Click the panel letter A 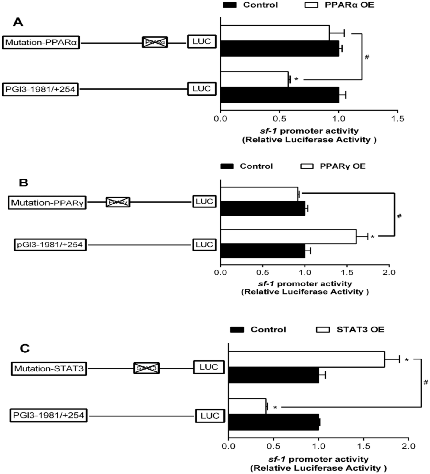click(18, 22)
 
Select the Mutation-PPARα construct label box click(41, 42)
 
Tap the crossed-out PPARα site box click(155, 42)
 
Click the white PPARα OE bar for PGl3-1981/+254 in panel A click(254, 79)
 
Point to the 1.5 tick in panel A click(397, 118)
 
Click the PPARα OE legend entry click(340, 5)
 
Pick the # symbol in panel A click(367, 57)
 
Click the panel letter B click(23, 183)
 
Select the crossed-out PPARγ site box click(118, 202)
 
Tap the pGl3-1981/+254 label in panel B click(50, 245)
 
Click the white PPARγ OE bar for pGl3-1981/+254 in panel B click(288, 236)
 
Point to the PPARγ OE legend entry click(333, 166)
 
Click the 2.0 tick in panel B click(389, 272)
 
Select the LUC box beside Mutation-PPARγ click(204, 201)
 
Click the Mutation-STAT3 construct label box click(49, 368)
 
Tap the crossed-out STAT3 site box click(146, 368)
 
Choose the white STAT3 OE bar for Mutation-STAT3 click(306, 359)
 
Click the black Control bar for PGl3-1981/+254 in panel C click(273, 422)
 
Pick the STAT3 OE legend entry click(350, 330)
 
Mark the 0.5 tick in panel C click(273, 446)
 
